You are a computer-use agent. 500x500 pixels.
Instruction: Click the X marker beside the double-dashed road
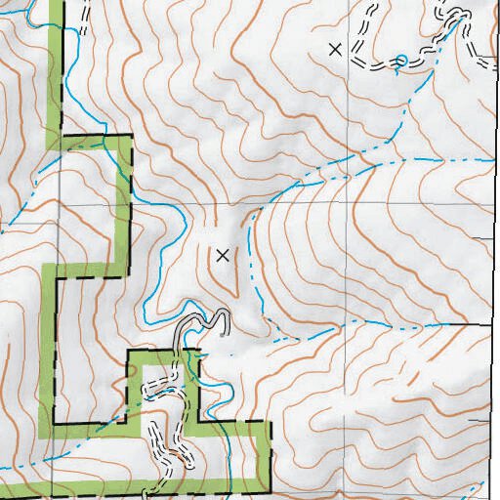[x=336, y=49]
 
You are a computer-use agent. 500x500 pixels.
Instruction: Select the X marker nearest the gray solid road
[x=223, y=255]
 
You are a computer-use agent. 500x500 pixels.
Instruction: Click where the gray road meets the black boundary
[x=180, y=350]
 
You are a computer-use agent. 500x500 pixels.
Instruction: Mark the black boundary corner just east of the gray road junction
[x=199, y=350]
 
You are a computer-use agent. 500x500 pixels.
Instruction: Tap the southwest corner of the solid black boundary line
[x=54, y=424]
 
